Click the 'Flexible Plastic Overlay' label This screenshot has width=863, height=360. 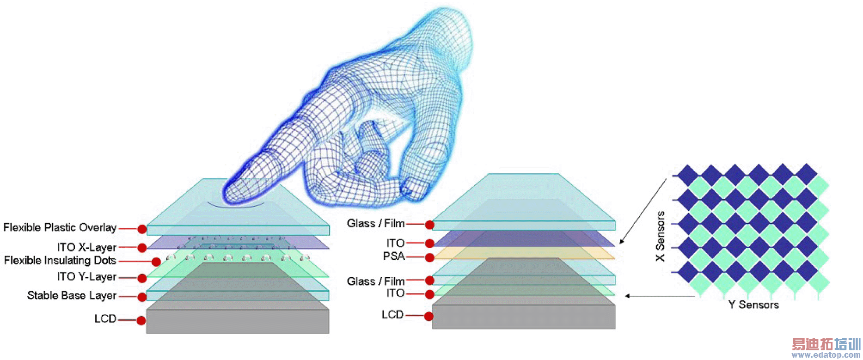(x=60, y=228)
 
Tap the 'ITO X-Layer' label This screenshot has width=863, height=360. (x=86, y=247)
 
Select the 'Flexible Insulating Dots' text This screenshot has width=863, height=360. (x=60, y=261)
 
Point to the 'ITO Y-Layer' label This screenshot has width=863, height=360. (x=86, y=277)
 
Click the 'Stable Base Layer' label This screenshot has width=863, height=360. (x=72, y=296)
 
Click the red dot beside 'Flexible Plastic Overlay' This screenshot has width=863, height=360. (x=142, y=229)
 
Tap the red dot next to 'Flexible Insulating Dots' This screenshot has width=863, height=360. (x=156, y=262)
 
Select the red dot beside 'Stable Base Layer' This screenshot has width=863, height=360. (x=142, y=297)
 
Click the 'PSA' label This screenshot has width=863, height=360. (x=394, y=256)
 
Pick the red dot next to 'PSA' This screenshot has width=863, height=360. (x=429, y=257)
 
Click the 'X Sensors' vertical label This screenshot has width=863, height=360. (x=660, y=236)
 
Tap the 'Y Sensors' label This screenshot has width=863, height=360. (x=753, y=305)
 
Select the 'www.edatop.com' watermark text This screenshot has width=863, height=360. (x=826, y=355)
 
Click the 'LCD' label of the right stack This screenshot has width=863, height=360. (x=392, y=315)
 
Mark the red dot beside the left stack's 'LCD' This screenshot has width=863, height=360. (x=141, y=321)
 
